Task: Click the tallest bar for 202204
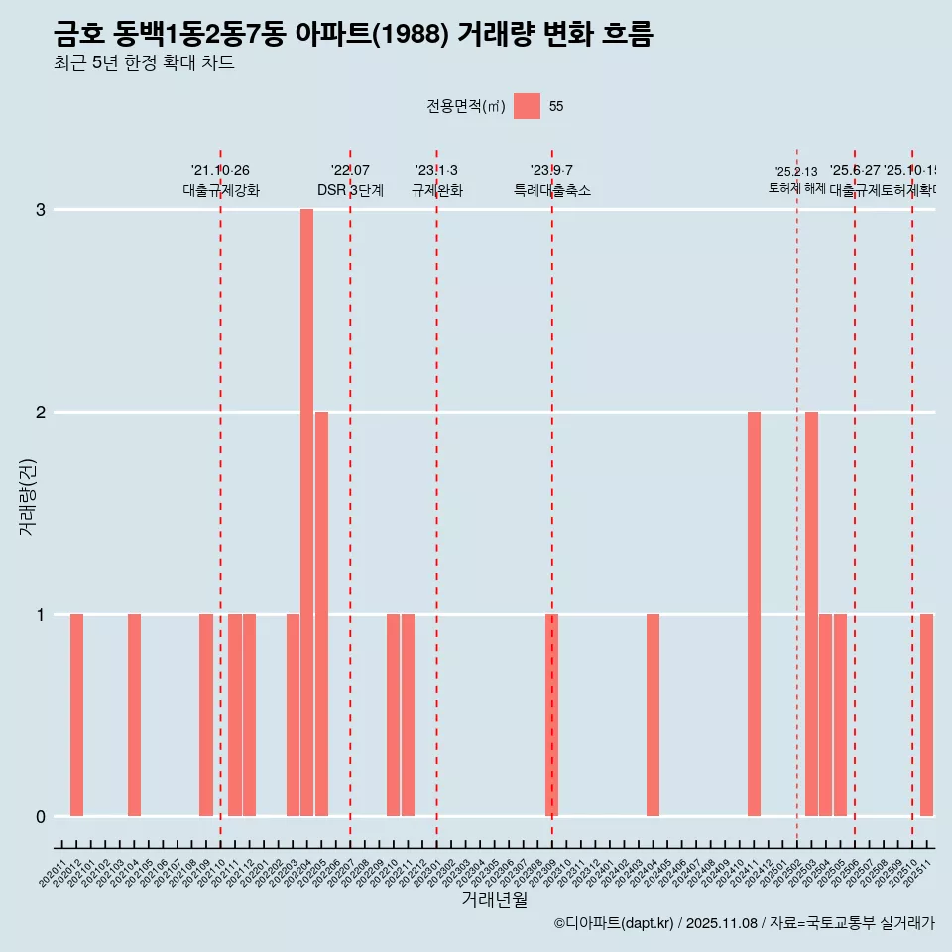307,513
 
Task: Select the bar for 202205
321,614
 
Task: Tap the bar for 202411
755,614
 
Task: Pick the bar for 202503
812,614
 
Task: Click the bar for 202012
76,715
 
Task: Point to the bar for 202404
654,715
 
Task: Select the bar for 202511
927,715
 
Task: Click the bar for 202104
134,715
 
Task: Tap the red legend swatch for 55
528,106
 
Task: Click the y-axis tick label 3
41,210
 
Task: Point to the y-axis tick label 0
41,817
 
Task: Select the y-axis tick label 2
41,413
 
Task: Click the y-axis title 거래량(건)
28,496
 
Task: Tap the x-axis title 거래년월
494,899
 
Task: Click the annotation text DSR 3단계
350,190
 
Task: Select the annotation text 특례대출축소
552,190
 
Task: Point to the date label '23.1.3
436,171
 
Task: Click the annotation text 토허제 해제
797,188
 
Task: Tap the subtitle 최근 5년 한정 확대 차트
145,63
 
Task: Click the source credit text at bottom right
744,923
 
